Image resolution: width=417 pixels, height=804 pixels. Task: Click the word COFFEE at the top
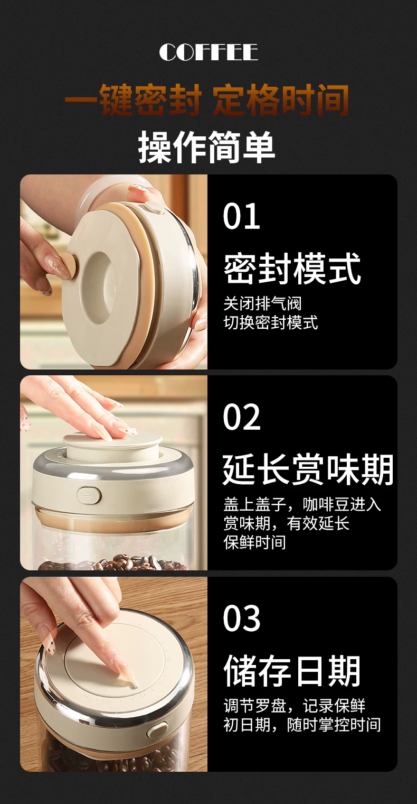[x=209, y=52]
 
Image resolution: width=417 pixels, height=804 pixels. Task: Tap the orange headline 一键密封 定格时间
[x=207, y=100]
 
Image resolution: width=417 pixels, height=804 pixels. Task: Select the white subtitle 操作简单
[x=206, y=147]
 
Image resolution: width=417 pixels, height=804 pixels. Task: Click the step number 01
[x=241, y=216]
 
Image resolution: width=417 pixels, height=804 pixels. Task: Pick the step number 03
[x=241, y=618]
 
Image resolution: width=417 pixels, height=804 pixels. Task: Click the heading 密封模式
[x=292, y=268]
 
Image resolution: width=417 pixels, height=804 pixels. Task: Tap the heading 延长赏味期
[x=308, y=469]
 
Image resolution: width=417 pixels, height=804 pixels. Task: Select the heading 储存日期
[x=292, y=670]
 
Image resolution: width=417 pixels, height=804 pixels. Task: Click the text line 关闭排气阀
[x=262, y=303]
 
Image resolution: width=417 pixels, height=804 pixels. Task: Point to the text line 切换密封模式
[x=271, y=322]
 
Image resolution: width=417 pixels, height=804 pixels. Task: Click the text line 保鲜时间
[x=254, y=542]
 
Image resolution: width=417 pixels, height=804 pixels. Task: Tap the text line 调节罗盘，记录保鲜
[x=295, y=706]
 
